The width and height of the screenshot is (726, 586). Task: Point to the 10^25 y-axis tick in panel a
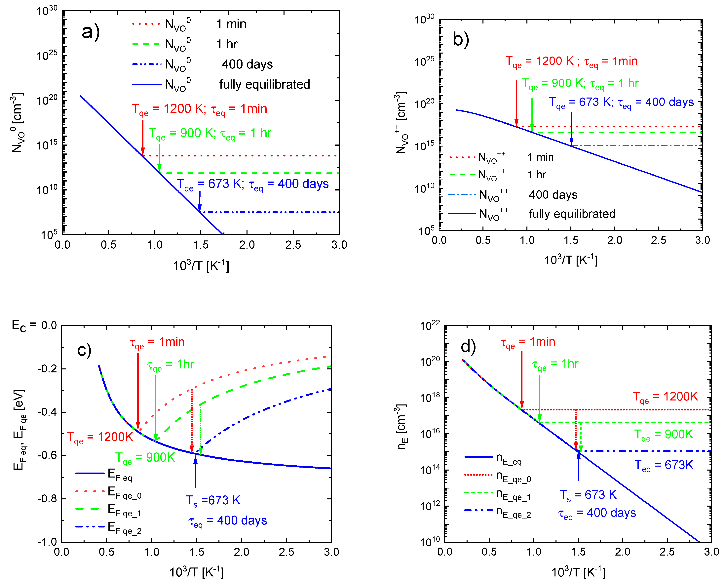47,55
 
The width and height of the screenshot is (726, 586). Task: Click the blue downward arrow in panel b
571,128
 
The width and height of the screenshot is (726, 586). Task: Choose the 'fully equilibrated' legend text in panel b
572,214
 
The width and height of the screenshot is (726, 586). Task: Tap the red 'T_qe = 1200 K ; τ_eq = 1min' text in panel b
571,62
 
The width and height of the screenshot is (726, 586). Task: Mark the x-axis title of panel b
571,260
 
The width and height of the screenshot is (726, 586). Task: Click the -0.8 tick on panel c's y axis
47,499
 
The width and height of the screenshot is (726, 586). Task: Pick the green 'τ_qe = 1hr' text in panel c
170,365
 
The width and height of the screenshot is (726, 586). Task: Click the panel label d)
468,347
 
